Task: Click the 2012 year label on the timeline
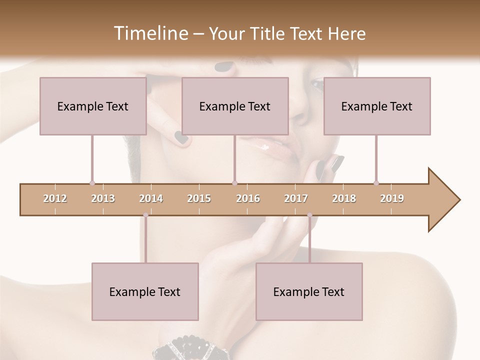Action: (55, 198)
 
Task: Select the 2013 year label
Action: (103, 198)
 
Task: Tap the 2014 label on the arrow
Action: (151, 198)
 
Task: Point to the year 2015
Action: (199, 198)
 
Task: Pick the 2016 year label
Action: (248, 198)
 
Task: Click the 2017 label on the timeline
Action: (296, 198)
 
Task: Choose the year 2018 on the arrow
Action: (344, 198)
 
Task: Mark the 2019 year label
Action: (392, 198)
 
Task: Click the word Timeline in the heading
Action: (150, 33)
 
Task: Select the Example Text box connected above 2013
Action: (93, 106)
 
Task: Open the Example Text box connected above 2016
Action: (235, 106)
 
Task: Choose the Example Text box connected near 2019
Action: (377, 106)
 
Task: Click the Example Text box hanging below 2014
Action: (145, 291)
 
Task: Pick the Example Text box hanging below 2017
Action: (309, 291)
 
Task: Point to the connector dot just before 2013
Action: (92, 183)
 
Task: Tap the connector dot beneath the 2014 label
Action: (145, 215)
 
